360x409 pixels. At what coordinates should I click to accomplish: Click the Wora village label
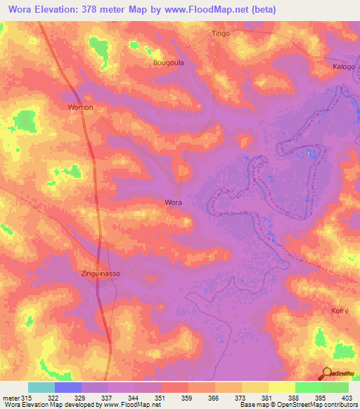tap(174, 202)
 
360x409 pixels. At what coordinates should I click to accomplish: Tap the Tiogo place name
tap(221, 33)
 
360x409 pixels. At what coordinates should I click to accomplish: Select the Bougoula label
tap(168, 63)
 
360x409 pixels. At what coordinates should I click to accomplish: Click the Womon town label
tap(80, 108)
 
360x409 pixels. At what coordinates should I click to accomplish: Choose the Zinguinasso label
tap(104, 274)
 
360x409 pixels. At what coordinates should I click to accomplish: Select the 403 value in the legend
tap(347, 398)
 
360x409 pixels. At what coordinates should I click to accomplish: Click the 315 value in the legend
tap(27, 398)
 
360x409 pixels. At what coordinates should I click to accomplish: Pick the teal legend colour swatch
tap(41, 387)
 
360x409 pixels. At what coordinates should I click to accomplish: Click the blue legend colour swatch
tap(68, 387)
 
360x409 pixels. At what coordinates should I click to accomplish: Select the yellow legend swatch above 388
tap(282, 387)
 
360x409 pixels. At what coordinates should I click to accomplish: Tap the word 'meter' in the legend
tap(11, 398)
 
